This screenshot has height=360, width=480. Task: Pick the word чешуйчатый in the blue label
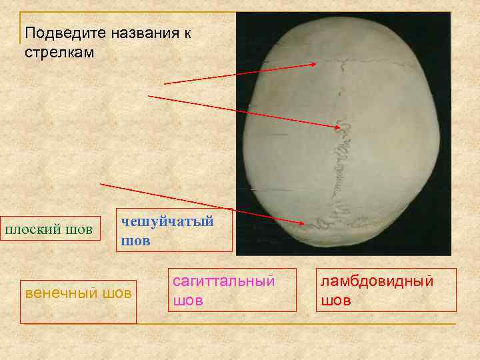point(167,221)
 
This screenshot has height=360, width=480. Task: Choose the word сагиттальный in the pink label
point(224,281)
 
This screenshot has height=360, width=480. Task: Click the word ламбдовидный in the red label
point(377,281)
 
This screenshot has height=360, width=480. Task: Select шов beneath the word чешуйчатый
point(135,241)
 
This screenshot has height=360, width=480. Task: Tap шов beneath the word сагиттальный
point(187,301)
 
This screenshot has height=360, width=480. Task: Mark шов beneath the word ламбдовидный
point(335,301)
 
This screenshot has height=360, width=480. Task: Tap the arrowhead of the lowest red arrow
point(305,222)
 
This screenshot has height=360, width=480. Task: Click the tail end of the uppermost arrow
point(165,84)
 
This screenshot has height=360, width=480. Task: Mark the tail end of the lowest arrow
point(100,183)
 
